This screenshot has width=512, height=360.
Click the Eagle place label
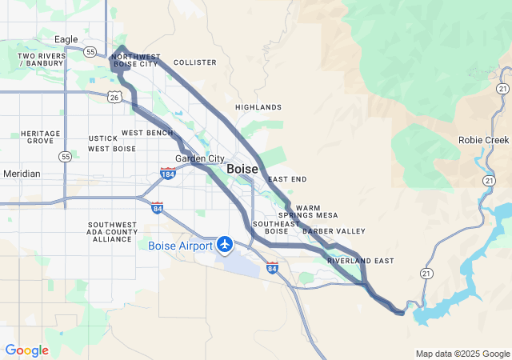[66, 39]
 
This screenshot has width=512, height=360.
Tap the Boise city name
[242, 170]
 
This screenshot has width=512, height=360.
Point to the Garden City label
[200, 158]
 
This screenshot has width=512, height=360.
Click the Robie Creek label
[483, 139]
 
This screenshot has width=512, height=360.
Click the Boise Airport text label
[180, 246]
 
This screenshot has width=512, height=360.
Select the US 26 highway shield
[114, 97]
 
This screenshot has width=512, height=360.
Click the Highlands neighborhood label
[258, 107]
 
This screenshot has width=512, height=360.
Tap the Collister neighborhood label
[194, 62]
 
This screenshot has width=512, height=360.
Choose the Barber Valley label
[334, 231]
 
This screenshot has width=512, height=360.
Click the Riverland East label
[360, 261]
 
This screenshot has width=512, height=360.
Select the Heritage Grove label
[40, 137]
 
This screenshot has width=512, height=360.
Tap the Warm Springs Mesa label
[307, 211]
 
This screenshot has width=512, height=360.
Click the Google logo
[26, 350]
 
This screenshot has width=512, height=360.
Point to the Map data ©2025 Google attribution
[462, 354]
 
